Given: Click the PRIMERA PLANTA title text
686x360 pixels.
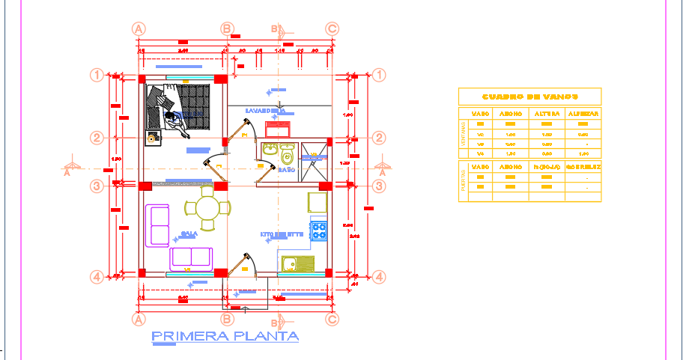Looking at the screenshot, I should (225, 337).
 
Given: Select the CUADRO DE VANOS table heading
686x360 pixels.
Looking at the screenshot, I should (529, 97).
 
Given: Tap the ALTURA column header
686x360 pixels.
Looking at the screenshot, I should (547, 114).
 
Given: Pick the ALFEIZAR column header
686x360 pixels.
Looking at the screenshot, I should (583, 114).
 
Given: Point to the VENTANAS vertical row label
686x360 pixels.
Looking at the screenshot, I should (462, 138).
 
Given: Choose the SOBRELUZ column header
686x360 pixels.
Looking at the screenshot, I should (583, 166).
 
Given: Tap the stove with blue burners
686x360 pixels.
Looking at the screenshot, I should (319, 228).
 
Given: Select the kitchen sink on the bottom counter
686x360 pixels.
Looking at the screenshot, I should (297, 263).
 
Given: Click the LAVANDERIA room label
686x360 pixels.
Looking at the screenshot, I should (265, 111).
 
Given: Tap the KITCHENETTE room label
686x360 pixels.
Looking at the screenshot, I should (282, 234).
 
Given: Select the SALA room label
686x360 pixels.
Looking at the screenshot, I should (189, 234).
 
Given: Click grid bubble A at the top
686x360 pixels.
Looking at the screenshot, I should (138, 28).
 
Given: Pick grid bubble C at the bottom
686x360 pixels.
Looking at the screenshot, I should (332, 319).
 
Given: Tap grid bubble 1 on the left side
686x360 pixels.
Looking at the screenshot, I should (97, 75).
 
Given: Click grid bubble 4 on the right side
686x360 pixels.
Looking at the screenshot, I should (379, 277).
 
